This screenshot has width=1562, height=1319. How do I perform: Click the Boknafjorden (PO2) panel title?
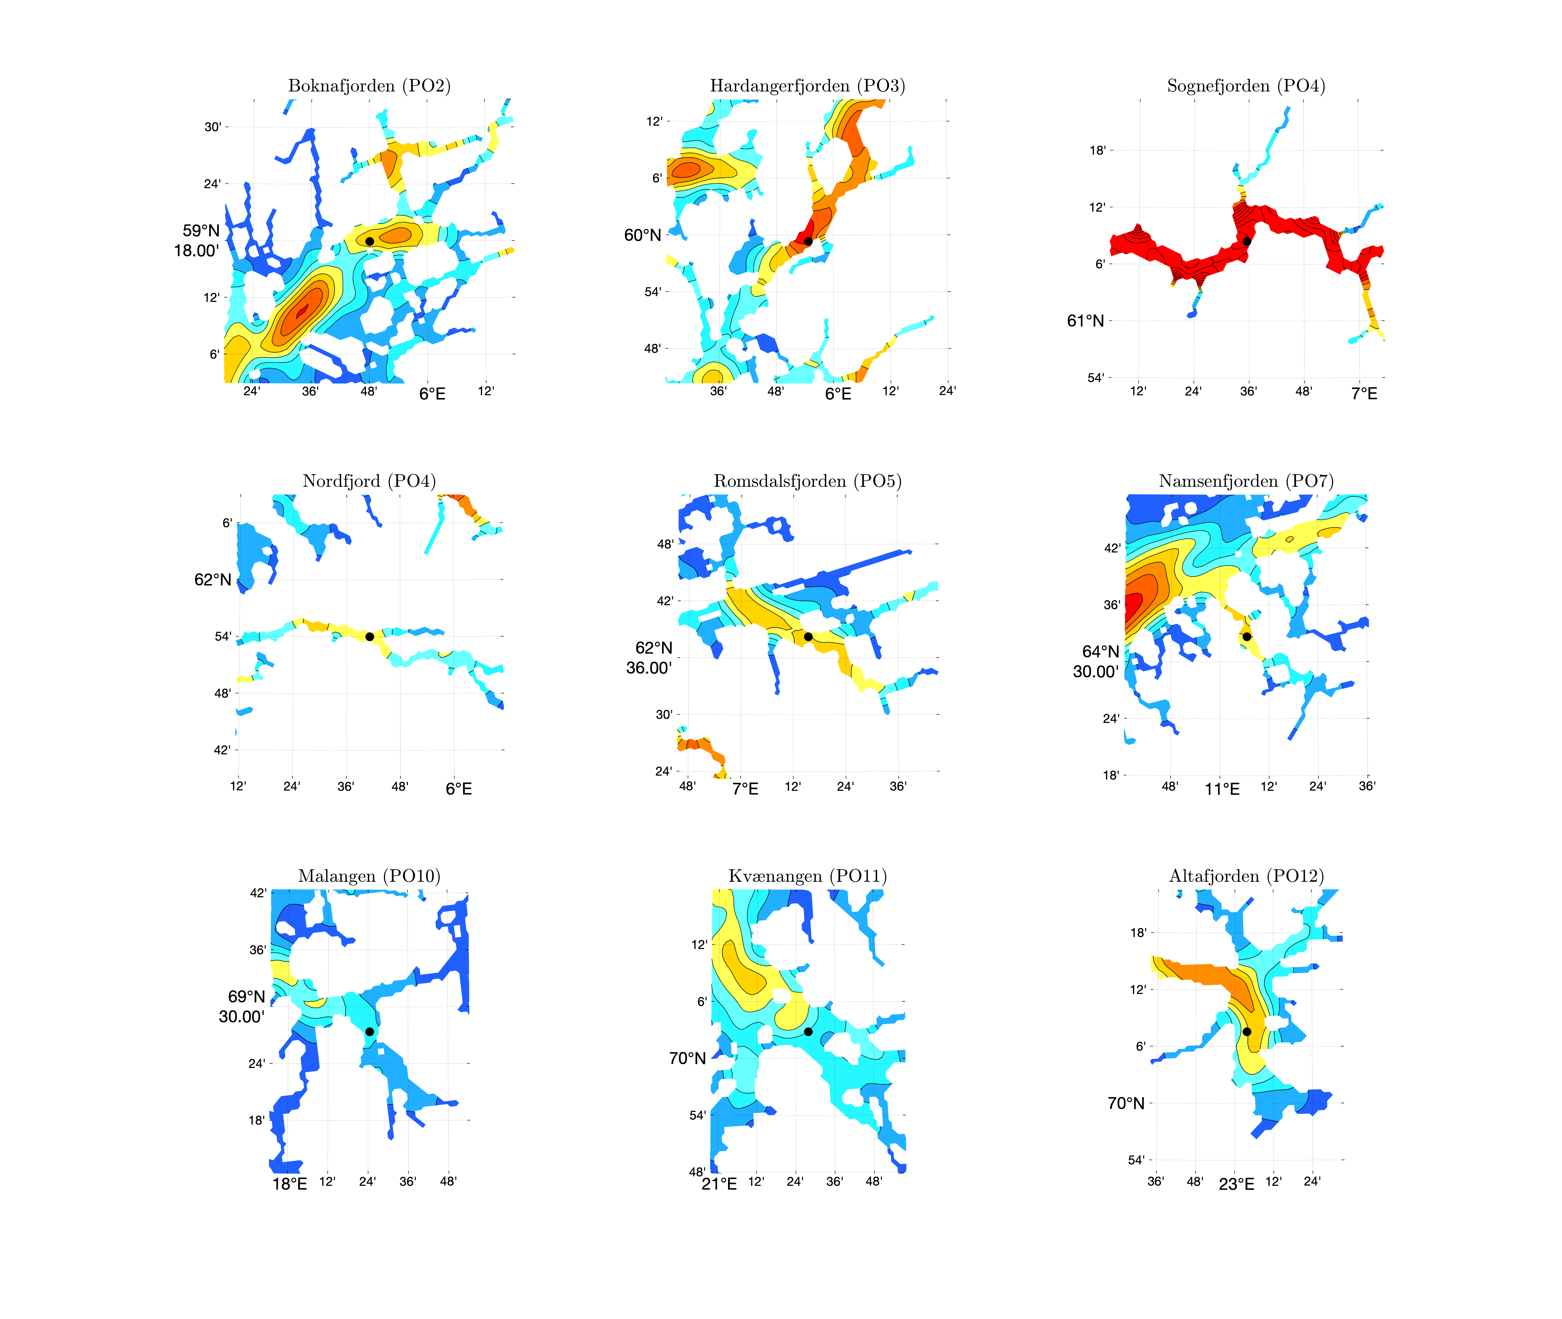369,86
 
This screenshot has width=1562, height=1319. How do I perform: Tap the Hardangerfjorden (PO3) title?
807,86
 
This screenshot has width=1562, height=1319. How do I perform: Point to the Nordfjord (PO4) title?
369,481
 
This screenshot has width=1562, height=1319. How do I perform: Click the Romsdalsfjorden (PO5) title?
807,481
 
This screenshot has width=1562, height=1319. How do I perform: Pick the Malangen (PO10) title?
369,876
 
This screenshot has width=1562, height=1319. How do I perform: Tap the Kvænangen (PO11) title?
807,876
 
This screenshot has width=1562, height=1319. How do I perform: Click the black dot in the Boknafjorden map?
369,242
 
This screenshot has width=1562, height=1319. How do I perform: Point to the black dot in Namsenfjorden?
1246,636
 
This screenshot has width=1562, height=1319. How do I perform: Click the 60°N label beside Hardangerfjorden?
642,236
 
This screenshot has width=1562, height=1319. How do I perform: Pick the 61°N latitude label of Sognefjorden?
1085,321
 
